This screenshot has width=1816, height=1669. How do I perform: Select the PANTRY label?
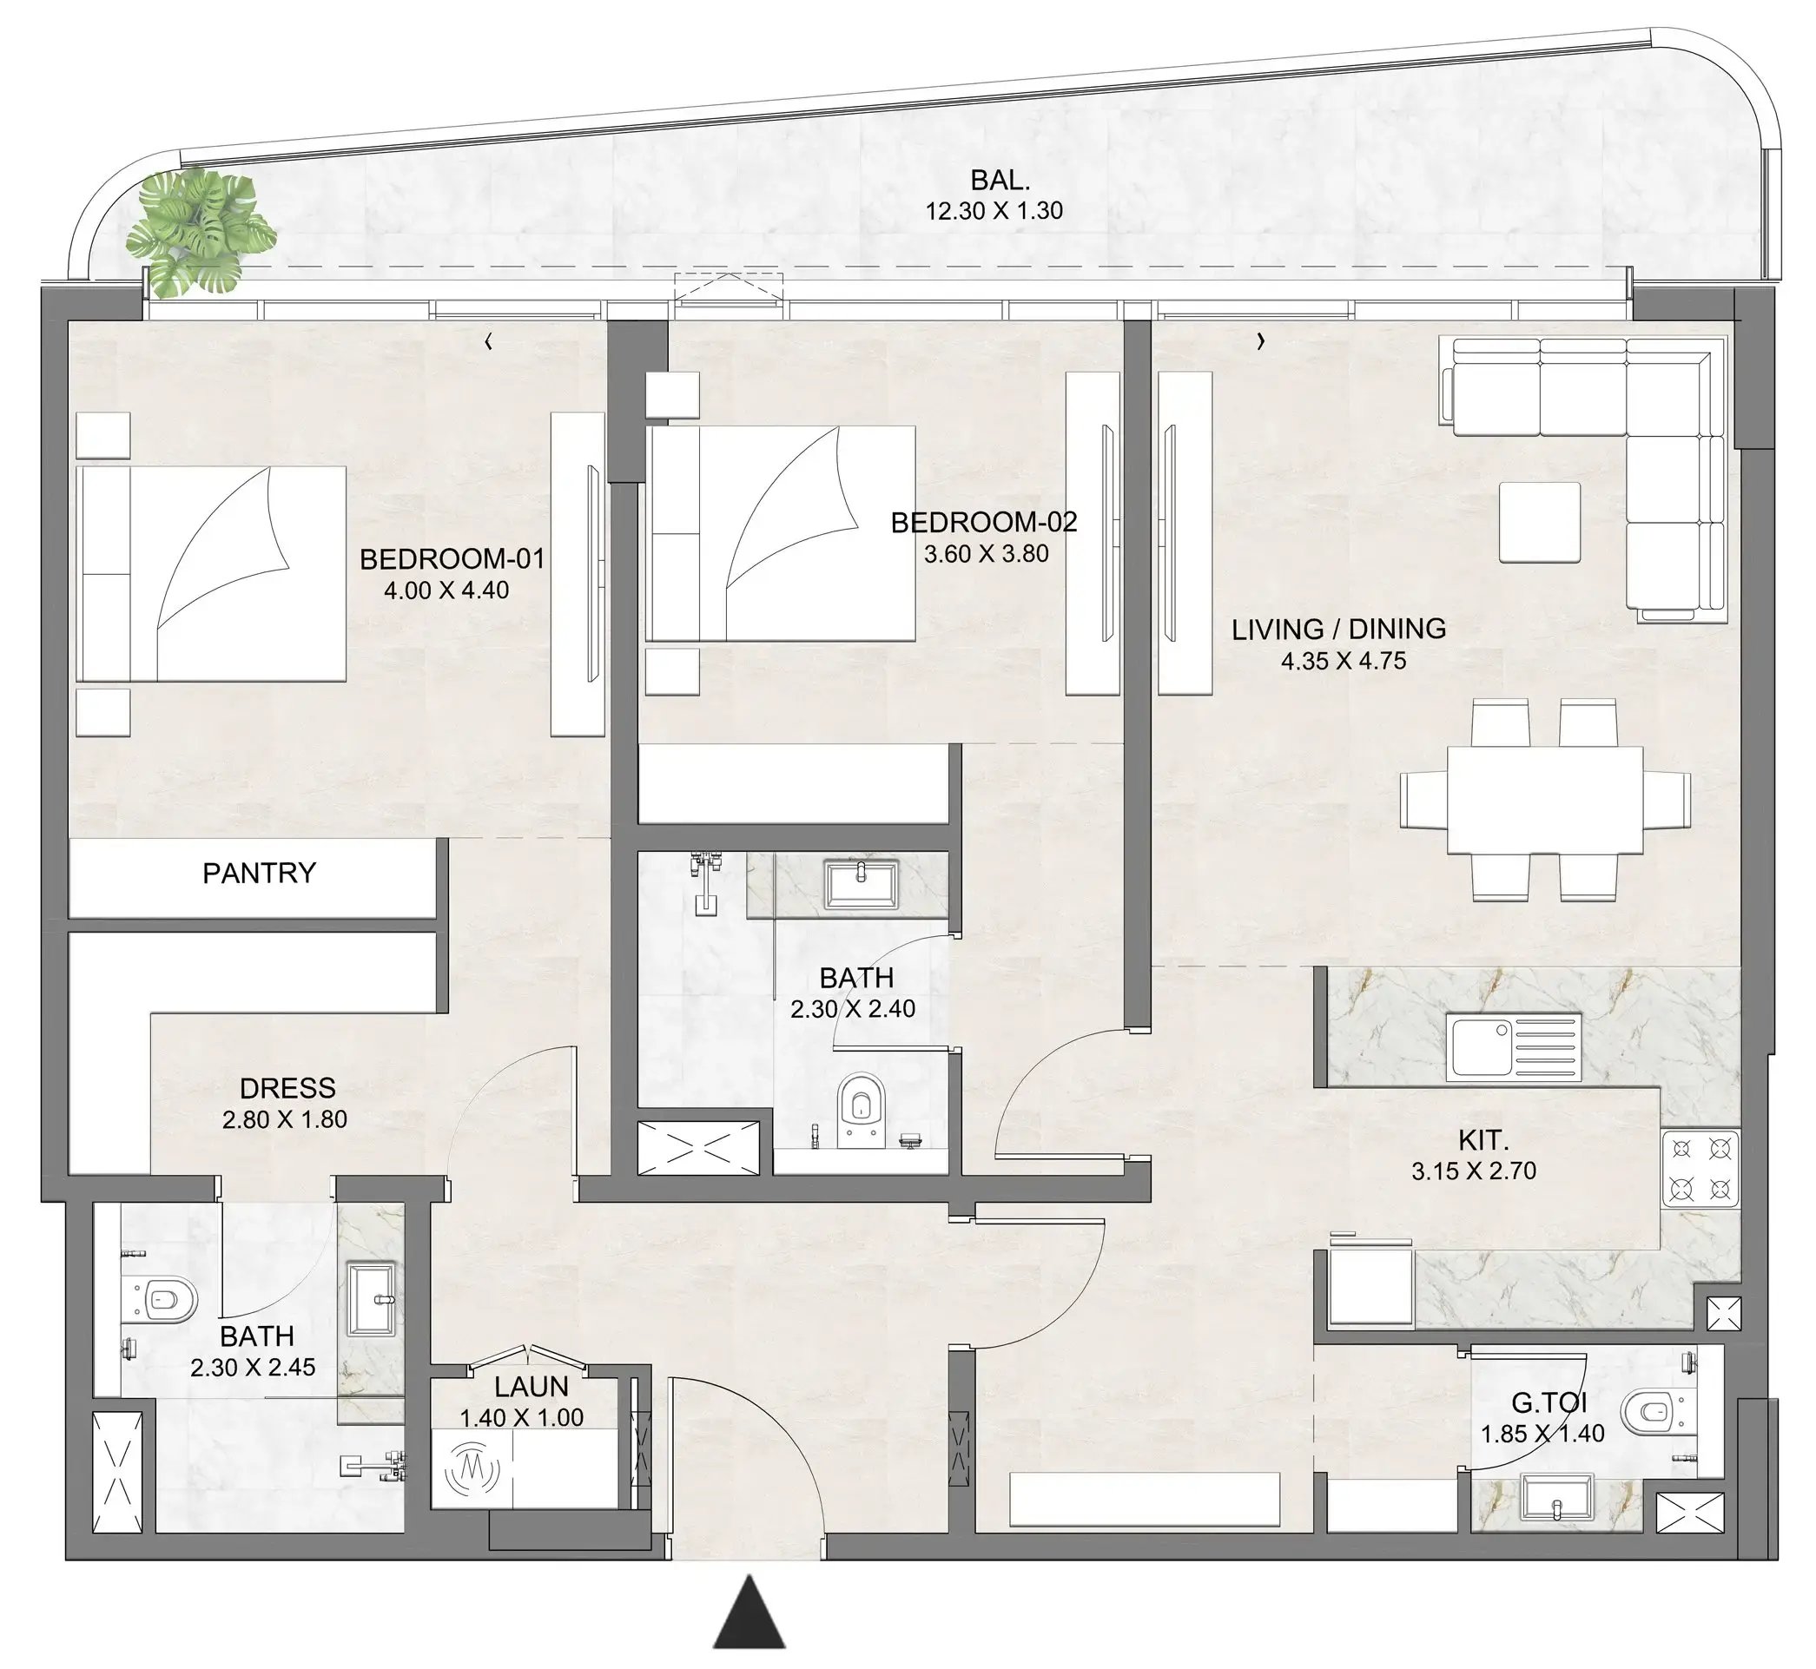pos(258,874)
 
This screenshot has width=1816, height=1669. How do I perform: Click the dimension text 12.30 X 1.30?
pos(994,210)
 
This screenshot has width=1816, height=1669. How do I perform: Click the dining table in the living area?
pos(1544,799)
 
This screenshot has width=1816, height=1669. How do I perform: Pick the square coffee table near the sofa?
pos(1540,522)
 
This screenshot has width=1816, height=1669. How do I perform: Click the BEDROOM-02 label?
pos(983,522)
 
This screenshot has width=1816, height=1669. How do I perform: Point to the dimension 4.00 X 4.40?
pos(446,590)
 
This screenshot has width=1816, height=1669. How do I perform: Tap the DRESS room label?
pos(287,1087)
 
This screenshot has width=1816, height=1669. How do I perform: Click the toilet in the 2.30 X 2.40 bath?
pos(860,1108)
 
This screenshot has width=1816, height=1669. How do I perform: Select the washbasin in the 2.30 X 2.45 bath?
pos(371,1300)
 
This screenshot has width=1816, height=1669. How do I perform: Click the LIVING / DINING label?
pos(1338,629)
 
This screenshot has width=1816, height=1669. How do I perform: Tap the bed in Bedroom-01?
pos(212,573)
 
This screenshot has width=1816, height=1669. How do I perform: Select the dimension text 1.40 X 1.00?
pos(521,1418)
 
